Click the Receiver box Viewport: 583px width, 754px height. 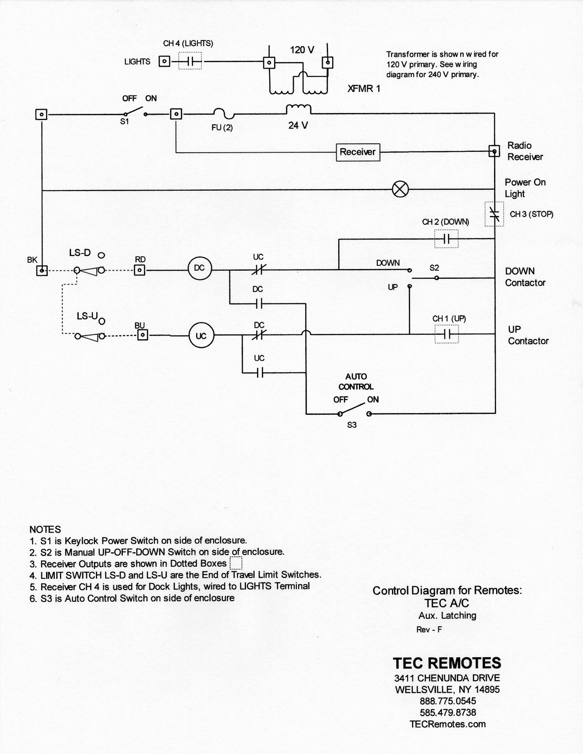click(x=358, y=152)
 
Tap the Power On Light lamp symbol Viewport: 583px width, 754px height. click(x=400, y=189)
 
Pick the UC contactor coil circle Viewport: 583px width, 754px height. click(x=201, y=336)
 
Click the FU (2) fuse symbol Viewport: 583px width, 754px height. click(x=222, y=114)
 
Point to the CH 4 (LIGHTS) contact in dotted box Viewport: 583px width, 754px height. click(x=190, y=62)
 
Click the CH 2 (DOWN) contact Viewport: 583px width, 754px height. click(x=446, y=239)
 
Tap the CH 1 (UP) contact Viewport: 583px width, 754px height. click(x=447, y=334)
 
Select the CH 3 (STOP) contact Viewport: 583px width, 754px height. click(x=494, y=214)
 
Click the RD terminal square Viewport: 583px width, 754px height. click(x=140, y=270)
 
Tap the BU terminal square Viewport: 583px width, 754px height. click(x=142, y=335)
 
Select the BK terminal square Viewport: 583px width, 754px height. click(x=42, y=270)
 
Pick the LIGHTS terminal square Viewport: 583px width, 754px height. click(x=164, y=62)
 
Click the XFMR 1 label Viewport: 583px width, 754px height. click(x=364, y=89)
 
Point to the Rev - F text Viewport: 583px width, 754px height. click(x=429, y=629)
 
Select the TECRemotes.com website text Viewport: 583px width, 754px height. click(x=448, y=724)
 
